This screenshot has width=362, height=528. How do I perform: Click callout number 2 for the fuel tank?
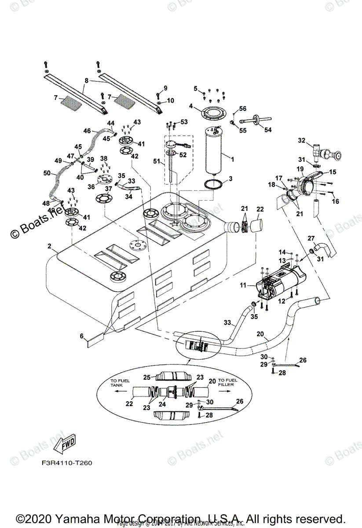pos(49,246)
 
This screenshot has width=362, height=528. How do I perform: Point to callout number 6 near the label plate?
pos(82,337)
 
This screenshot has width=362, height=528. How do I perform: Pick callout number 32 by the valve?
pos(301,141)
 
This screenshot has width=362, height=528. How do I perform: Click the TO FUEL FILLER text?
pos(228,383)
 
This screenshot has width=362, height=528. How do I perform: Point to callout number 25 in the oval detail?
pos(147,377)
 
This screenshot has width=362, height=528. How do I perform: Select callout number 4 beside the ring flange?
pos(191,106)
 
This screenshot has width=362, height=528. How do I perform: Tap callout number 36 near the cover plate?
pos(91,186)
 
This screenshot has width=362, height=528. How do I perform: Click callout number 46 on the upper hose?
pos(87,131)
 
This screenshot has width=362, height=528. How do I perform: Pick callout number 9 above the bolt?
pos(165,88)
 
